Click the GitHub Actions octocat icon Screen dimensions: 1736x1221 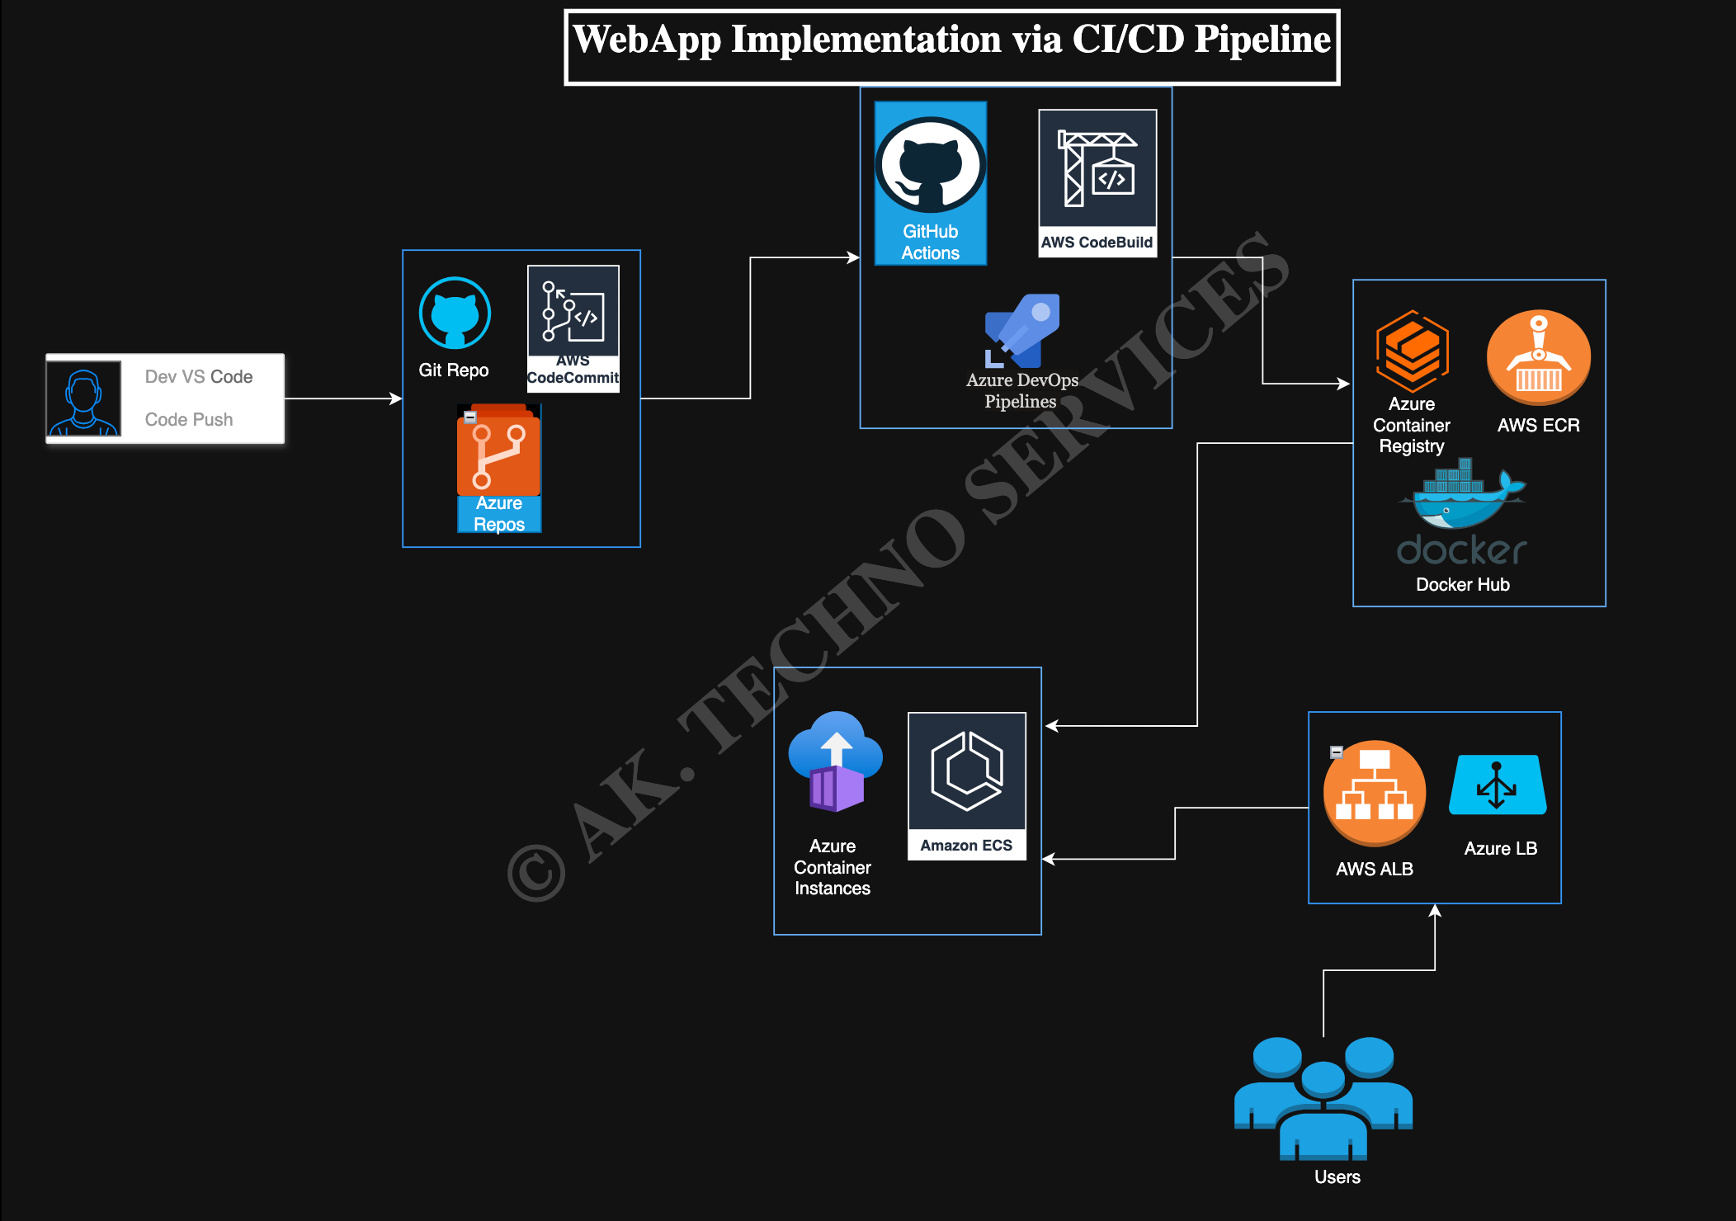tap(931, 165)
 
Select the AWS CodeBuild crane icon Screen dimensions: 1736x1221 tap(1097, 169)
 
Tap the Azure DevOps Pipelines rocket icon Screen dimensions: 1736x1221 tap(1022, 331)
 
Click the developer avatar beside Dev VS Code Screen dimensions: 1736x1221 tap(83, 398)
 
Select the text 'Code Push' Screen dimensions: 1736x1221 tap(189, 419)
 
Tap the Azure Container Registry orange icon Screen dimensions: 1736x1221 tap(1413, 351)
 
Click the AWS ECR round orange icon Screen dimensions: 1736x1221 tap(1539, 357)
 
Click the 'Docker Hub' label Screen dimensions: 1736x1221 tap(1463, 584)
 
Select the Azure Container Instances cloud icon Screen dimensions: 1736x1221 tap(835, 761)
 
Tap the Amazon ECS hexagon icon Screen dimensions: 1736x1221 tap(967, 771)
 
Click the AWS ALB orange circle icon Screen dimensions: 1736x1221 tap(1375, 793)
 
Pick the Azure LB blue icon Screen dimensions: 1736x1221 tap(1498, 785)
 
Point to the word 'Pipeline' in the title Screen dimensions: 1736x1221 tap(1263, 39)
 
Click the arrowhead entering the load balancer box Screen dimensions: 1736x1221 tap(1435, 910)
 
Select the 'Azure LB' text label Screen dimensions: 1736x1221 tap(1501, 848)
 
